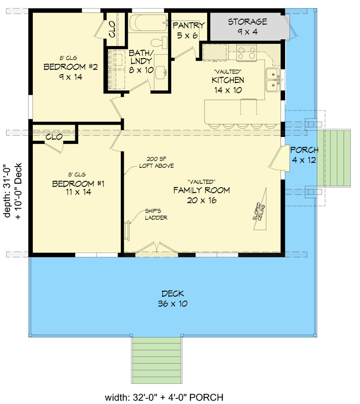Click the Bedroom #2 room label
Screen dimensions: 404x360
[63, 72]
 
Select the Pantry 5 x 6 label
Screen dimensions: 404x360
[188, 30]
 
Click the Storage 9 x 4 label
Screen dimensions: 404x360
[247, 26]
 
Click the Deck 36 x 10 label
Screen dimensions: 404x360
[173, 298]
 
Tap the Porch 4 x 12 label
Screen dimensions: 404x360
[304, 155]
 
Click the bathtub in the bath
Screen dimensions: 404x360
[148, 23]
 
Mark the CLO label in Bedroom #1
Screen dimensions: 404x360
[54, 137]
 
